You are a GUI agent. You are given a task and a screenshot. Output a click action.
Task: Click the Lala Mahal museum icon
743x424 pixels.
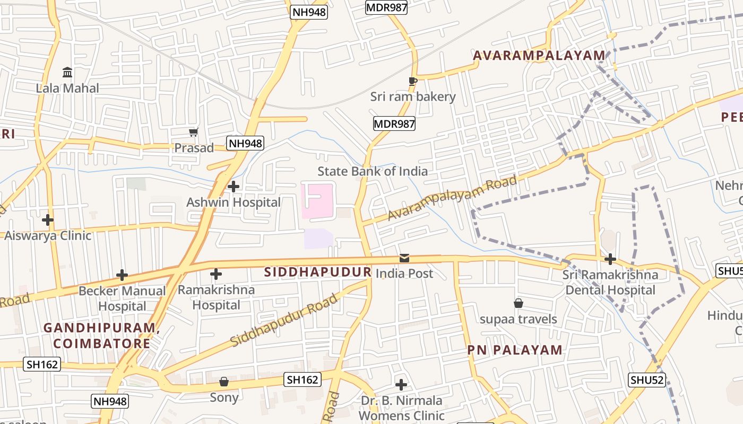(67, 72)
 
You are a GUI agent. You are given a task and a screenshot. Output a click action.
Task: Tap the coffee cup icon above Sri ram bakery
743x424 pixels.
(412, 81)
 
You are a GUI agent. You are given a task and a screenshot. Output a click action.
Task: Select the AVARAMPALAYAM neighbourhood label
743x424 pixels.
(539, 55)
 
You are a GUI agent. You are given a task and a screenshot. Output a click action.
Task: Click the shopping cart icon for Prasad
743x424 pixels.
(194, 132)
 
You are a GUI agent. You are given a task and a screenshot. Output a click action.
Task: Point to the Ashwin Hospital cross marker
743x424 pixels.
(233, 186)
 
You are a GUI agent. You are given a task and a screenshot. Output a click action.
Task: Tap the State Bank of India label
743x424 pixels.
(373, 171)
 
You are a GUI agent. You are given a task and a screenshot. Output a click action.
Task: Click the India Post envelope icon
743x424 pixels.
(404, 258)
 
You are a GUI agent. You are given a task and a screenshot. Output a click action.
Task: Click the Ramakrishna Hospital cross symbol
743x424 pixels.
(215, 274)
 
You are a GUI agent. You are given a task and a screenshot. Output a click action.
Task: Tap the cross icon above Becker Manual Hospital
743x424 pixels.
(122, 275)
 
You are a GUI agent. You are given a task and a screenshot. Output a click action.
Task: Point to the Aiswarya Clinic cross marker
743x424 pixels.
(48, 219)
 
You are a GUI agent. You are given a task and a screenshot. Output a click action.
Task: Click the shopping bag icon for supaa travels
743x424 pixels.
(519, 303)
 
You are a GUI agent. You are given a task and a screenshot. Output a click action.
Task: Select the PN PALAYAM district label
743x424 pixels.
(515, 350)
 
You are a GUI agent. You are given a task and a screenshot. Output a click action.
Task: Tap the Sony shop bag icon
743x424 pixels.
(224, 382)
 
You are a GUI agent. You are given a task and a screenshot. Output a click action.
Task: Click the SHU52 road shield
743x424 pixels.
(647, 379)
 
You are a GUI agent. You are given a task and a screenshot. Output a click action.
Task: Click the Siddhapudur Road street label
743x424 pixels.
(284, 320)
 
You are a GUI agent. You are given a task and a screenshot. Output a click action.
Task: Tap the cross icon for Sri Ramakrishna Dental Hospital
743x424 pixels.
(610, 259)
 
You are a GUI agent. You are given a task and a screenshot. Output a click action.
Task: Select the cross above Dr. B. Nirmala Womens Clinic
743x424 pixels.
(401, 384)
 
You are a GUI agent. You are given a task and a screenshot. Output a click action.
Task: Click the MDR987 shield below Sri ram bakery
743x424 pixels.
(394, 124)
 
